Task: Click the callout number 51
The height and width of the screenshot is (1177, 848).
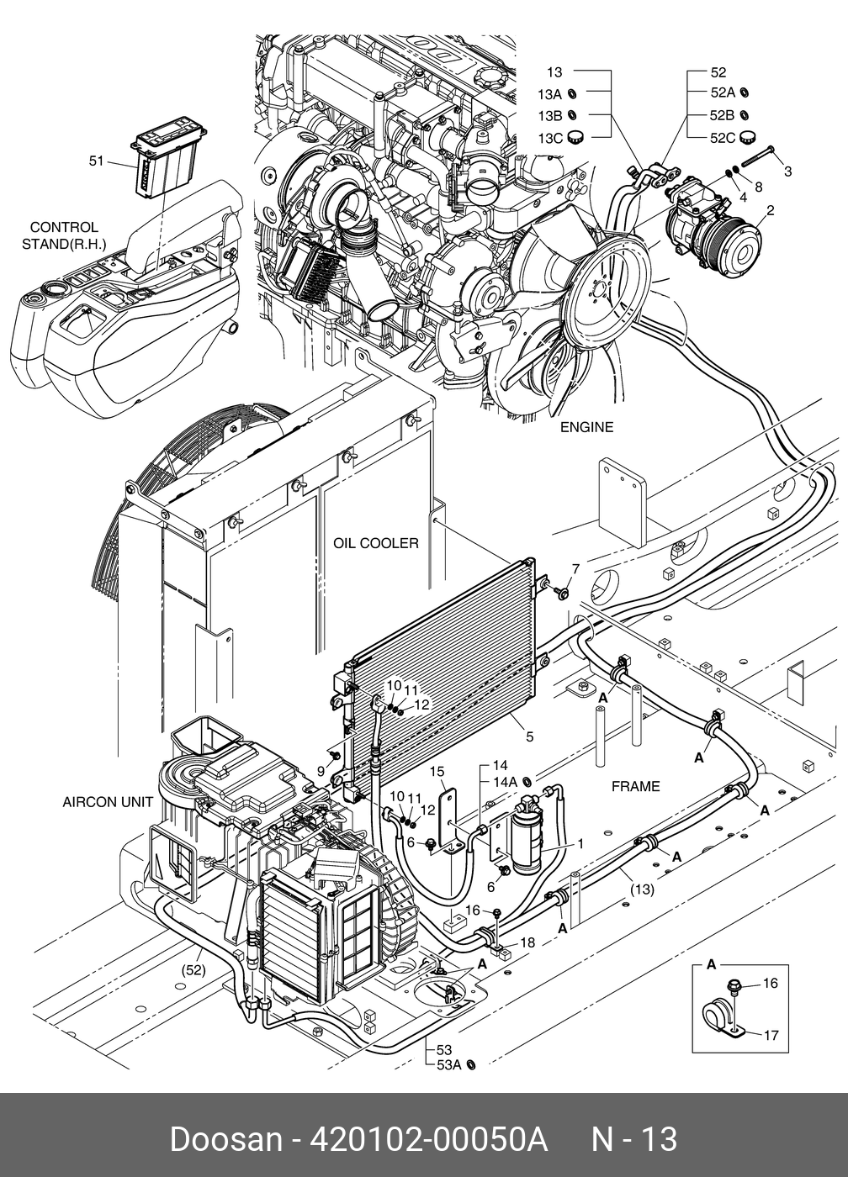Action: [x=96, y=160]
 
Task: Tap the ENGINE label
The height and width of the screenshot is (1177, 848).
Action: [x=586, y=427]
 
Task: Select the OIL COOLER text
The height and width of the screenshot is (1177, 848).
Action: [x=375, y=543]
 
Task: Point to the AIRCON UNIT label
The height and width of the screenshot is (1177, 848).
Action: [x=108, y=801]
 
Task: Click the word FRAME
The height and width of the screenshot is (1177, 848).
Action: [x=635, y=786]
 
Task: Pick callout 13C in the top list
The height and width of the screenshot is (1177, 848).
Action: [x=550, y=137]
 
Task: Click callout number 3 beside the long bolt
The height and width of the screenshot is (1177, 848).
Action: [x=787, y=172]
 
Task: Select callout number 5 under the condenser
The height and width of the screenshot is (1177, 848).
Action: [x=529, y=737]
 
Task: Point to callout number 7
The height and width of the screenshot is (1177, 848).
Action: [x=576, y=569]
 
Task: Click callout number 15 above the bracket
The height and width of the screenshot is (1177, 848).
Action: [x=437, y=771]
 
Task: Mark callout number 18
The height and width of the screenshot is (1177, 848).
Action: [x=527, y=943]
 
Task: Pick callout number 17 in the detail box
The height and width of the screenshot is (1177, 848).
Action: [x=771, y=1036]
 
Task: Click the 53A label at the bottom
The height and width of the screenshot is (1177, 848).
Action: [x=449, y=1065]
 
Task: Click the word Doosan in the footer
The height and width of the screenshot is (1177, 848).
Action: [x=225, y=1139]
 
